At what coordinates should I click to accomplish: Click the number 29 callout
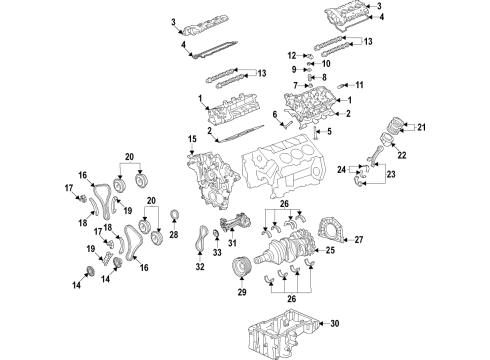(240, 293)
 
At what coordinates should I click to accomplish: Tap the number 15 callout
(191, 137)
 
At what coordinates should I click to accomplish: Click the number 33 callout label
(218, 253)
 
